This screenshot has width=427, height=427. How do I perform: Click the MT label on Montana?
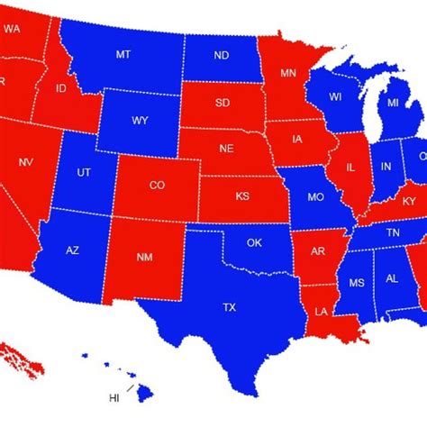pyautogui.click(x=123, y=55)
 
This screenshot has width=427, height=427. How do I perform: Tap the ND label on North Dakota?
pyautogui.click(x=221, y=55)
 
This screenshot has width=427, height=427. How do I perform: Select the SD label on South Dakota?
pyautogui.click(x=223, y=103)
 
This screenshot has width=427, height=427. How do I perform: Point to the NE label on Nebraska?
pyautogui.click(x=228, y=150)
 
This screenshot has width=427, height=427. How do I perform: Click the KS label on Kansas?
pyautogui.click(x=242, y=195)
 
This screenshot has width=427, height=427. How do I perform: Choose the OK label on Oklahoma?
pyautogui.click(x=254, y=242)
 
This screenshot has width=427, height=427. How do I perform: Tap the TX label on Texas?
pyautogui.click(x=229, y=308)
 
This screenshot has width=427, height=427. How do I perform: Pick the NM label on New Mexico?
pyautogui.click(x=144, y=258)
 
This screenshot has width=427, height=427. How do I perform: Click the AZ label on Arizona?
pyautogui.click(x=73, y=250)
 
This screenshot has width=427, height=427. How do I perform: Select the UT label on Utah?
pyautogui.click(x=84, y=171)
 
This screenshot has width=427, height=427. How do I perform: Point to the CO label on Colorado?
pyautogui.click(x=157, y=186)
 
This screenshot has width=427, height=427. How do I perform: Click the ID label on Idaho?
pyautogui.click(x=62, y=88)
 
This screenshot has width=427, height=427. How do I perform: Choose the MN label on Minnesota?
pyautogui.click(x=288, y=72)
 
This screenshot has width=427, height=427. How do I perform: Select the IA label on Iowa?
pyautogui.click(x=297, y=139)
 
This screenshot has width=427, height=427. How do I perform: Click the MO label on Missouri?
pyautogui.click(x=315, y=196)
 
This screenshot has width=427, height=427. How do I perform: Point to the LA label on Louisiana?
pyautogui.click(x=322, y=312)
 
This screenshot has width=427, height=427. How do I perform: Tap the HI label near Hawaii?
pyautogui.click(x=114, y=397)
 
